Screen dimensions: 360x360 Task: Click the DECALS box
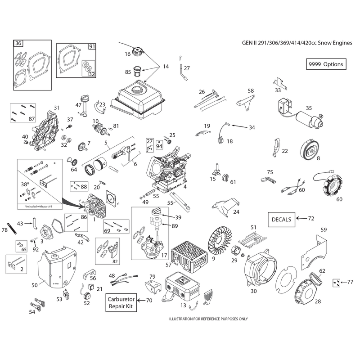point(281,220)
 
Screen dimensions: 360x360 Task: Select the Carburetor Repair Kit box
point(121,302)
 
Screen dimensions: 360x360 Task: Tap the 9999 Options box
point(326,64)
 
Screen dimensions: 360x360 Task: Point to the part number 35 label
point(309,108)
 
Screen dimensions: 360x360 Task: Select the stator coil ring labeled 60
point(328,186)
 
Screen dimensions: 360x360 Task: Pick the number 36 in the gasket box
point(18,43)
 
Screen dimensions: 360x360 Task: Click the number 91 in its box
point(92,47)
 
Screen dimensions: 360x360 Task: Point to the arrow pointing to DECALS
point(301,218)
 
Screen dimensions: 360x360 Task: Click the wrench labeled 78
point(12,228)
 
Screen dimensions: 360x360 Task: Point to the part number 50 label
point(35,285)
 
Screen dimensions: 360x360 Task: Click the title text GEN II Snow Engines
point(297,43)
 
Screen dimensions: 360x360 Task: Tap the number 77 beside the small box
point(350,282)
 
